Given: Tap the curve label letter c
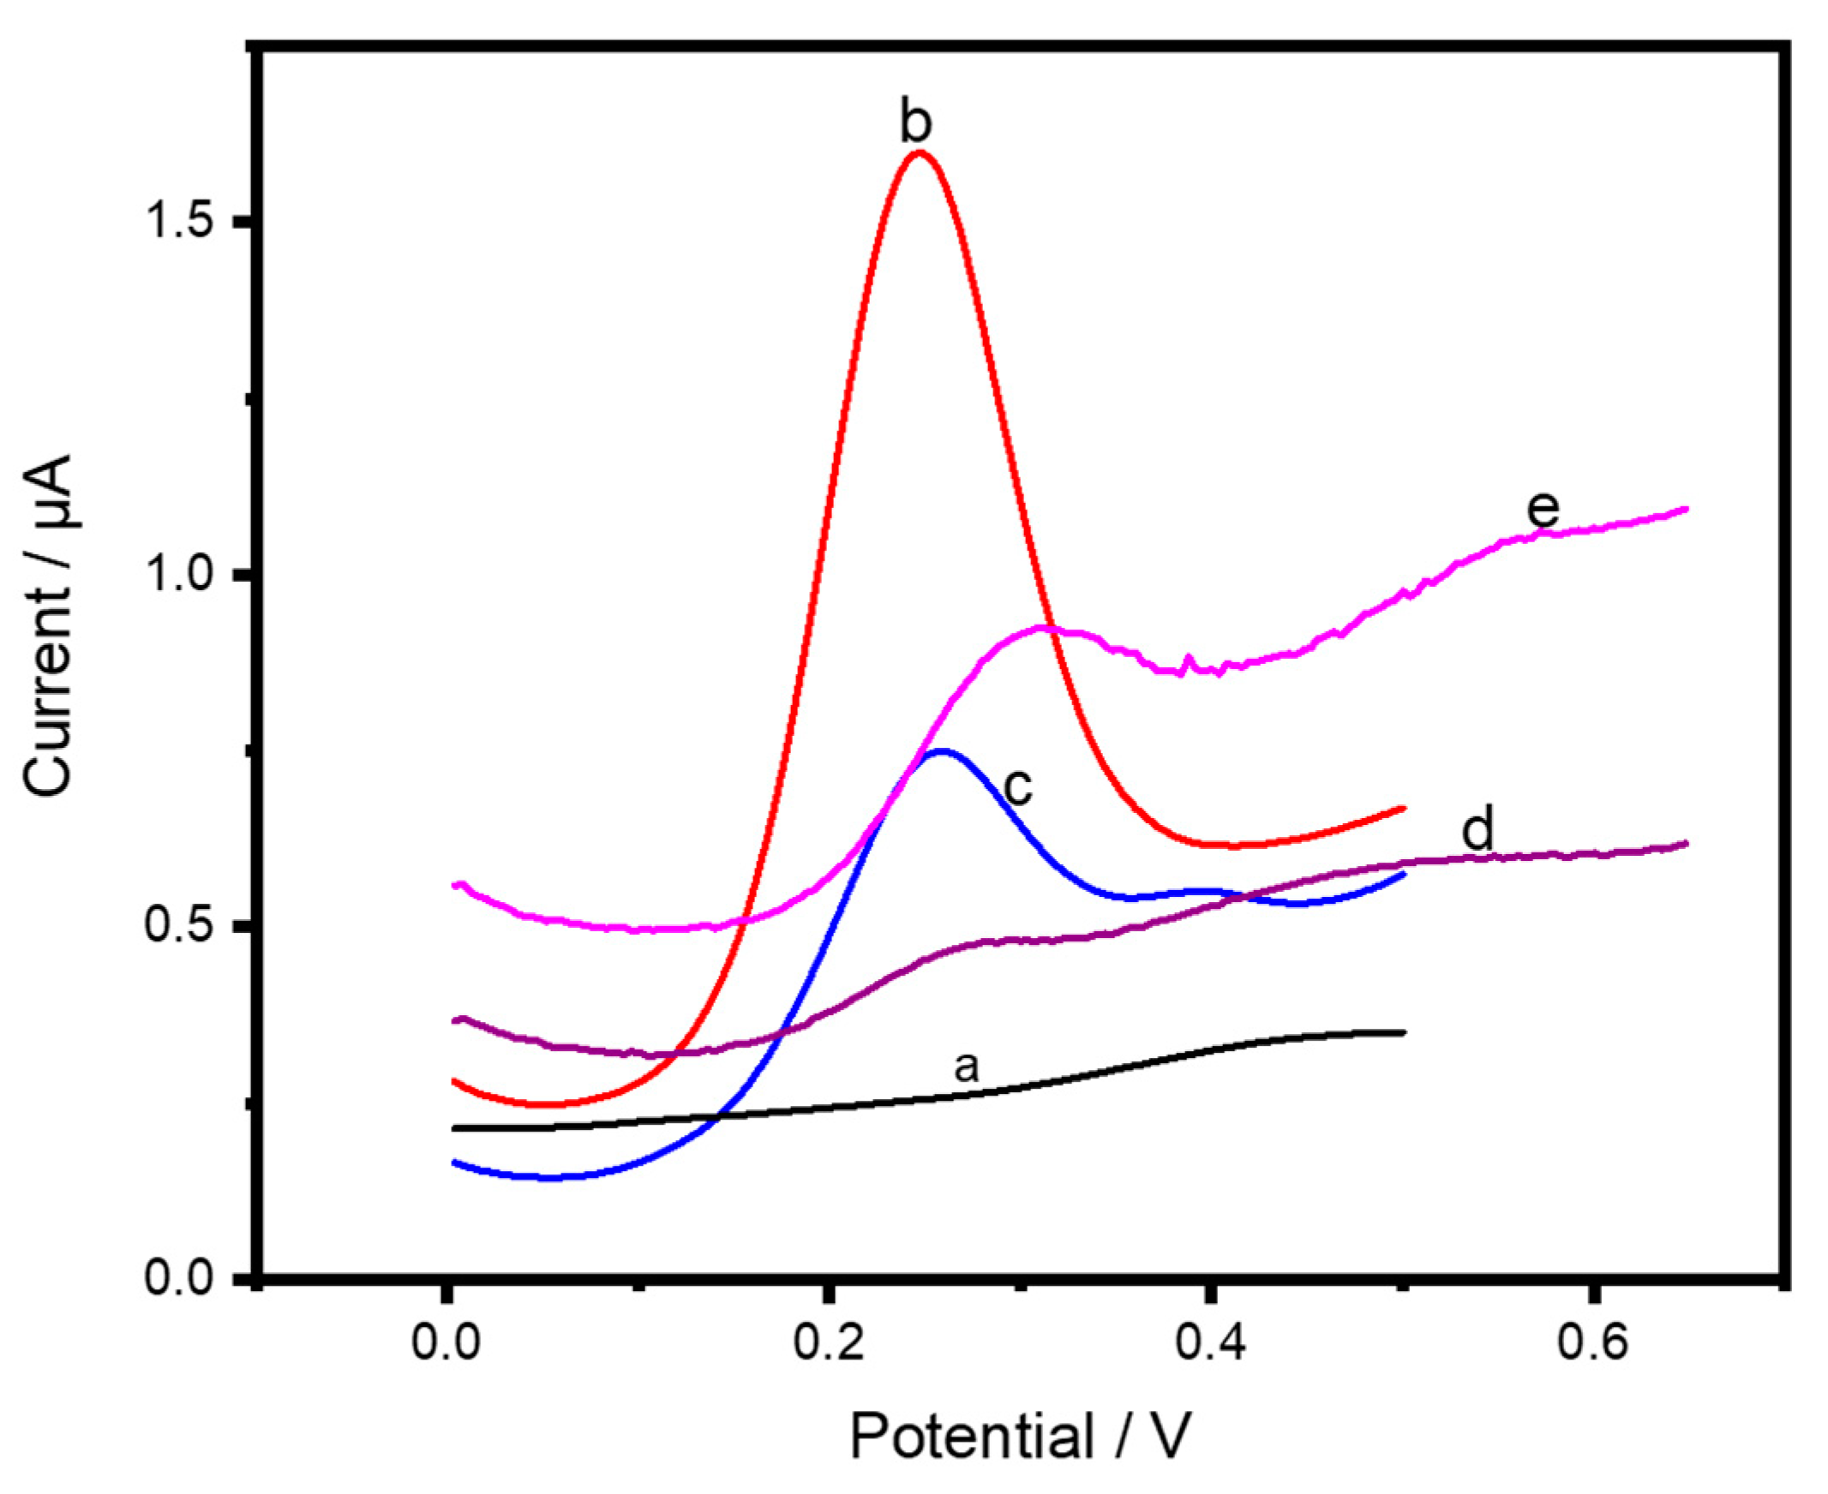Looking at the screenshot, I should click(x=1018, y=786).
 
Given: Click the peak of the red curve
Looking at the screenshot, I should click(x=920, y=153).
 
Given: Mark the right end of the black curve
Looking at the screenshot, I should click(x=1404, y=1032).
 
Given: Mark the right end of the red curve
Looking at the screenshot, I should click(x=1404, y=808).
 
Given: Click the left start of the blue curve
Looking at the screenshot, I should click(x=454, y=1162).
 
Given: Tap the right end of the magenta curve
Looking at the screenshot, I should click(x=1685, y=510).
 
